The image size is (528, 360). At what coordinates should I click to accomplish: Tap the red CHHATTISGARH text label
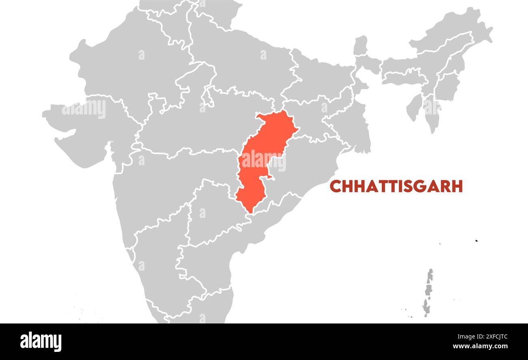click(x=396, y=186)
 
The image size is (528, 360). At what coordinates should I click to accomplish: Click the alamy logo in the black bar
click(x=41, y=341)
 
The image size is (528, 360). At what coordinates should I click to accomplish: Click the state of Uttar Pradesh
click(x=244, y=69)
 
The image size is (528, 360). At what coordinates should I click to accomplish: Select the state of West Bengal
click(x=357, y=130)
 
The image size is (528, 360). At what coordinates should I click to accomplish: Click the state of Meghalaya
click(x=402, y=77)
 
